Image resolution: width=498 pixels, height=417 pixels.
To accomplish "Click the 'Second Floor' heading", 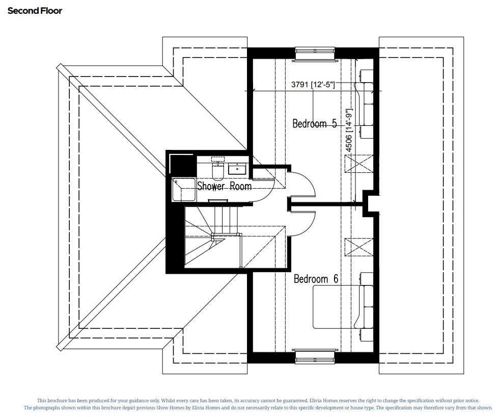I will [x=35, y=10].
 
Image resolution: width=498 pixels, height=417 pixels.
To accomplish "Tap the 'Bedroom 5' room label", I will [x=314, y=123].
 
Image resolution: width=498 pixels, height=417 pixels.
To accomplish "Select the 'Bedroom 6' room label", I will [x=316, y=279].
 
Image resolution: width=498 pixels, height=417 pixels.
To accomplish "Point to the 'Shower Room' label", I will [x=224, y=186].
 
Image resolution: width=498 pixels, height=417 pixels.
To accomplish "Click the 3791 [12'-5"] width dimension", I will [x=313, y=85].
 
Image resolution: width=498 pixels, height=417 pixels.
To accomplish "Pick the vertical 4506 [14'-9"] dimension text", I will [x=349, y=131].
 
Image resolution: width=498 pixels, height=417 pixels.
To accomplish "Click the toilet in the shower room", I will [x=217, y=171].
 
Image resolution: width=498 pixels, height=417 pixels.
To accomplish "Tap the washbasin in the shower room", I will [x=237, y=168].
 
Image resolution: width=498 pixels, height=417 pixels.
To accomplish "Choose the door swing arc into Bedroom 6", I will [x=302, y=222].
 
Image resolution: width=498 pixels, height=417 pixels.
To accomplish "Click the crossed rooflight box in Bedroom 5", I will [x=359, y=164].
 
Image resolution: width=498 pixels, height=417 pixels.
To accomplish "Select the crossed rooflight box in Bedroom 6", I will [x=359, y=248].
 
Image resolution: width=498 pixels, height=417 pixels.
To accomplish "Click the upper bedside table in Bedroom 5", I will [x=367, y=76].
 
